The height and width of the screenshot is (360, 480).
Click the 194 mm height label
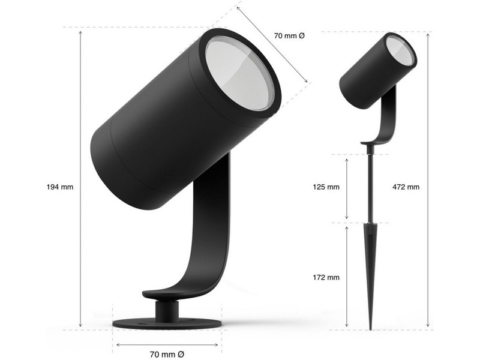(x=60, y=187)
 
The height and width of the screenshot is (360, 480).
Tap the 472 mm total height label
(x=406, y=187)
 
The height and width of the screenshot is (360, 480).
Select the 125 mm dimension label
(x=326, y=187)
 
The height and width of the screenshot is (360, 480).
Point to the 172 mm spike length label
(x=326, y=277)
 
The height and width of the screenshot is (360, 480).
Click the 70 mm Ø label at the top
(x=289, y=36)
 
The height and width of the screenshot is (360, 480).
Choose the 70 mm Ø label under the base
(x=167, y=354)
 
